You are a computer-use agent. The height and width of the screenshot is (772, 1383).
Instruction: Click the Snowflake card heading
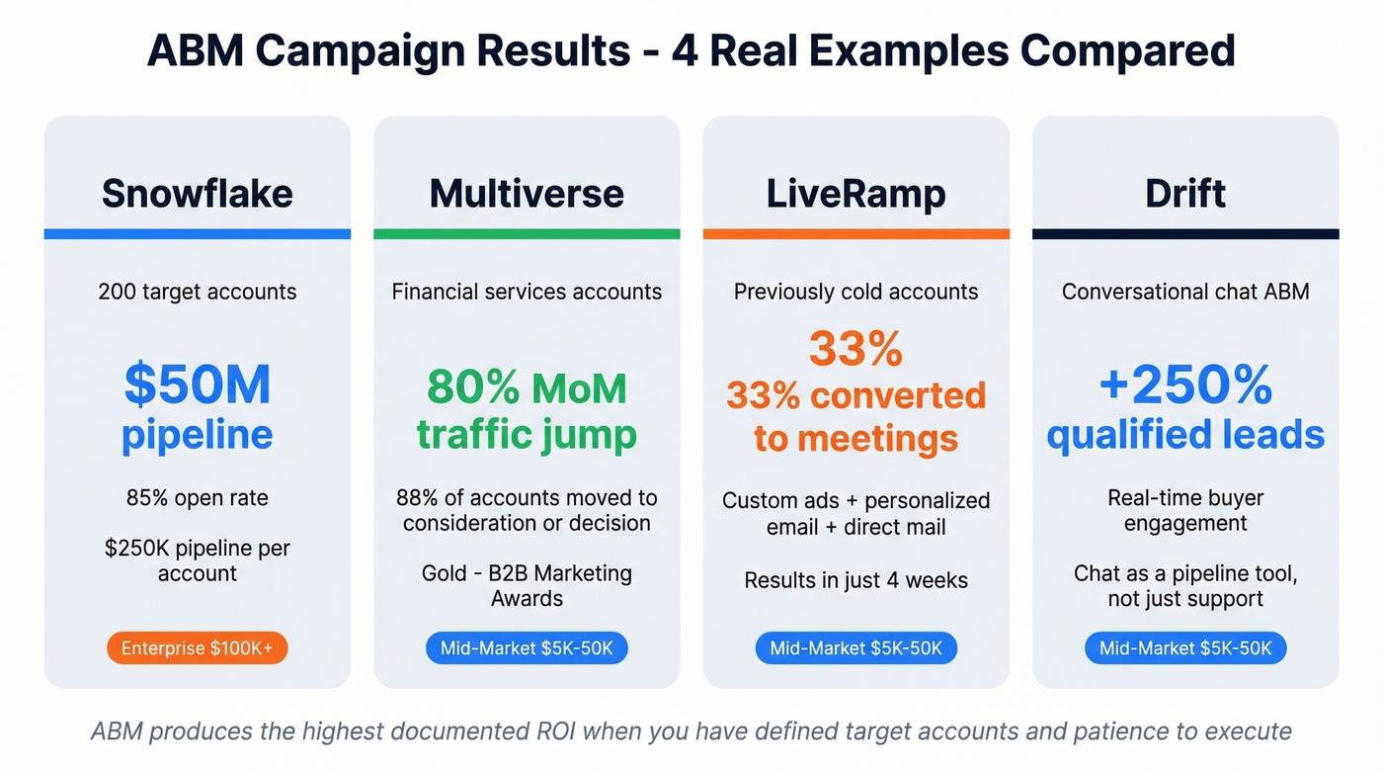198,193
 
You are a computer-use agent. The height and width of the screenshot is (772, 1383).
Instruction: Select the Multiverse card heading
527,193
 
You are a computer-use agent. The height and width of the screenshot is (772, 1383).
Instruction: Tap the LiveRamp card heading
855,193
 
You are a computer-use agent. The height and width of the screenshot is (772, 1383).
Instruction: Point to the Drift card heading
1185,193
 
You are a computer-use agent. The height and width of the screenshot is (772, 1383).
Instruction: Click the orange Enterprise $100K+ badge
198,648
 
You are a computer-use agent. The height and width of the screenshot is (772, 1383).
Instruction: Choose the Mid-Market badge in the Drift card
1185,648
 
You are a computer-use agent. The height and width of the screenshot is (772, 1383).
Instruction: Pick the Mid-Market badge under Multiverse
527,648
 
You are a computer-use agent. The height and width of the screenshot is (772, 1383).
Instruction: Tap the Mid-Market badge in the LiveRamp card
855,648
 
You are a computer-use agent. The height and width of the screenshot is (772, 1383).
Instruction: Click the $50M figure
198,385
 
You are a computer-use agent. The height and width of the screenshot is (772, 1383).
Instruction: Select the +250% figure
1185,385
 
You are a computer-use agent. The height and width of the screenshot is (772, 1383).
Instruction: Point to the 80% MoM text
527,387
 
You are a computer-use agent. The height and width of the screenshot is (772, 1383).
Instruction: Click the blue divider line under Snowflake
198,234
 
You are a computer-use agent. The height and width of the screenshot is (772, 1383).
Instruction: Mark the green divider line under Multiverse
527,234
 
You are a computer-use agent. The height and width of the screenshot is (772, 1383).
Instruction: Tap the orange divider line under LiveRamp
855,234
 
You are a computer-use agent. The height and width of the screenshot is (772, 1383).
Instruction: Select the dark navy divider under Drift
1185,234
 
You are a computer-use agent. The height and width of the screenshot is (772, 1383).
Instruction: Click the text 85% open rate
198,497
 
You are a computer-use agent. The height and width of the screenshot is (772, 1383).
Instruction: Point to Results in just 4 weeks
855,579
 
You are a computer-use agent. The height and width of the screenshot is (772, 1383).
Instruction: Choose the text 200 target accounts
198,292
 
